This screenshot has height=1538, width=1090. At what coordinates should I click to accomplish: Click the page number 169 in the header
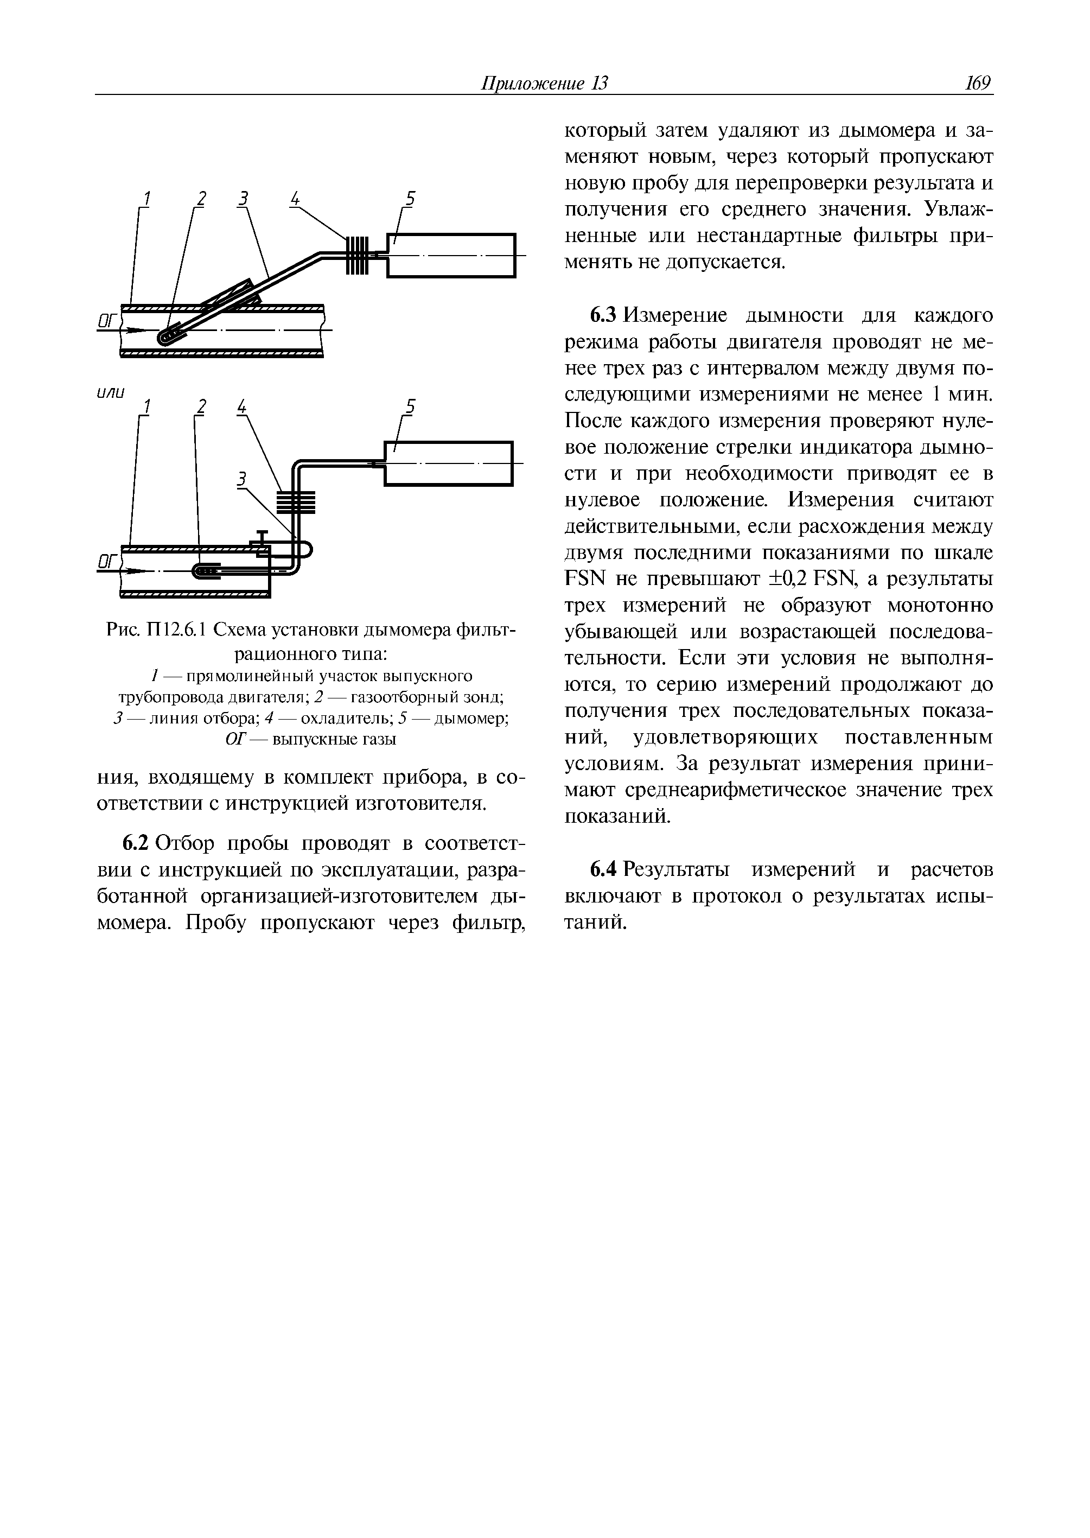point(978,83)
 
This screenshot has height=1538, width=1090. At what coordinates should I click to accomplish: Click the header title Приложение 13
point(544,83)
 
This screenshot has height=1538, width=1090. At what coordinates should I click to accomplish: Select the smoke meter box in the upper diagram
point(451,255)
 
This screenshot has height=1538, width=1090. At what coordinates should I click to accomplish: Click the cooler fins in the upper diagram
point(357,255)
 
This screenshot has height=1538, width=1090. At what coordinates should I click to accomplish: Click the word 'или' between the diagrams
point(111,393)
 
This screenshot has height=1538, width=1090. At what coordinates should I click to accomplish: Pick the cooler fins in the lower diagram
point(295,502)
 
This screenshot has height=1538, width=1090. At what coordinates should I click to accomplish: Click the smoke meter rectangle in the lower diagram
point(448,463)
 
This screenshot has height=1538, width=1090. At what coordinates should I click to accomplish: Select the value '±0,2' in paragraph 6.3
point(789,579)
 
